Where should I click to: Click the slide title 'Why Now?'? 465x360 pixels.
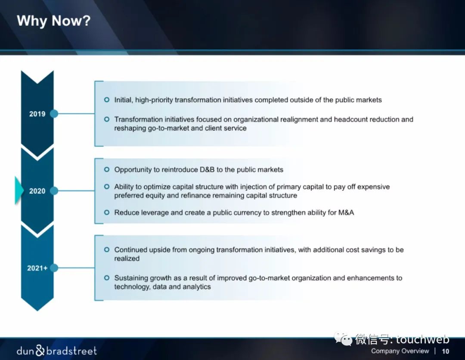[53, 21]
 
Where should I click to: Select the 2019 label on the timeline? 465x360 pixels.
[37, 114]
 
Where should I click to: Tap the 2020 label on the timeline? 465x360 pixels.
[37, 191]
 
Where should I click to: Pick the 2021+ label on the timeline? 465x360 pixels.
[37, 268]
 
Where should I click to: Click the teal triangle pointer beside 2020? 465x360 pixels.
[19, 190]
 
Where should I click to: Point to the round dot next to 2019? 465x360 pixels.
[54, 114]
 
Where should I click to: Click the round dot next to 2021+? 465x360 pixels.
[54, 268]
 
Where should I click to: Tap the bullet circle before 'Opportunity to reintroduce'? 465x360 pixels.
[107, 169]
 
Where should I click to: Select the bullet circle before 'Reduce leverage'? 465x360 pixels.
[107, 212]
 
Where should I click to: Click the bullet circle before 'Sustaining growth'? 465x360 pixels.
[107, 278]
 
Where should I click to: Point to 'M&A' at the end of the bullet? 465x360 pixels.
[346, 212]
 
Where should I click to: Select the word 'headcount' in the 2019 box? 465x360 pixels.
[348, 120]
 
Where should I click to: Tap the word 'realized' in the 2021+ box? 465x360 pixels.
[127, 258]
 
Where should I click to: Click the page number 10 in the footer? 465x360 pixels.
[446, 351]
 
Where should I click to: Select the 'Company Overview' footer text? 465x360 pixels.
[400, 351]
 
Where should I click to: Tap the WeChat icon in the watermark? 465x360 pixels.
[343, 338]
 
